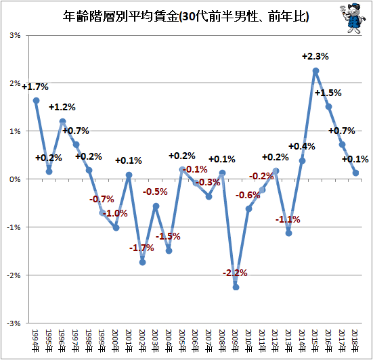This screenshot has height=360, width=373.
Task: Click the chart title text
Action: (185, 17)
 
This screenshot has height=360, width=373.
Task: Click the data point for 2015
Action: (315, 71)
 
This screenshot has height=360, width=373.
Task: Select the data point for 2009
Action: (236, 287)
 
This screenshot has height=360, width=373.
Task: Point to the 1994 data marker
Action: (36, 101)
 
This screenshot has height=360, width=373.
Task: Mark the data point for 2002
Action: (142, 263)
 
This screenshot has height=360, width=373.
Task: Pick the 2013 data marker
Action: (289, 233)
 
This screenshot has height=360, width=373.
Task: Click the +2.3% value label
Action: (315, 57)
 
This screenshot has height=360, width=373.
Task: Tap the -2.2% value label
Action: (235, 273)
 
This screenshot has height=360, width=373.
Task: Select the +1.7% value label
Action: (35, 87)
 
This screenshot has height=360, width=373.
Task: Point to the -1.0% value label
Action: (115, 213)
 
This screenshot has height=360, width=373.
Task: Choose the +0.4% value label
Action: (302, 146)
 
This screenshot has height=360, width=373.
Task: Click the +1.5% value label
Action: (328, 93)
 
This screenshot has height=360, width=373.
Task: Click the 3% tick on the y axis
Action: (15, 36)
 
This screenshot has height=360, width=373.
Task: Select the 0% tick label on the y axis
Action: (15, 179)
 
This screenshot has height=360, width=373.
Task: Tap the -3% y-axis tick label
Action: (14, 323)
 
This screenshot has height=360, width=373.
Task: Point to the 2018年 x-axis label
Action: (355, 341)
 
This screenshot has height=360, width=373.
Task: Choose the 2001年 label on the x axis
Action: (129, 341)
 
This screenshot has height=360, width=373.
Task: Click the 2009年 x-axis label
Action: (235, 341)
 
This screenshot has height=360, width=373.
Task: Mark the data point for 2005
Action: (182, 170)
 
